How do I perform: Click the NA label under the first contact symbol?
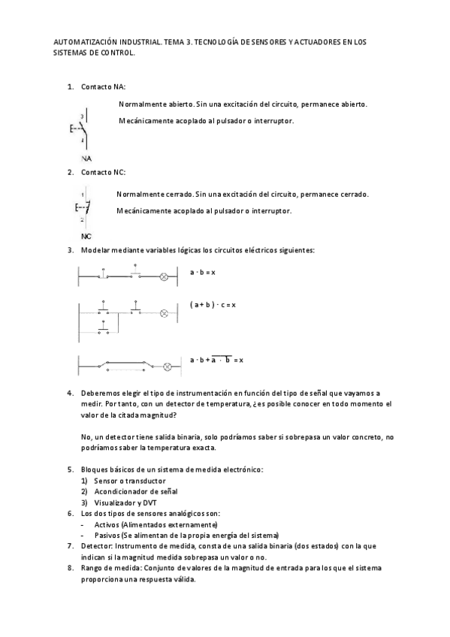click(87, 158)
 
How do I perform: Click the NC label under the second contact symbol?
click(86, 236)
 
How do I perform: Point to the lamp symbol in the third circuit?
click(168, 368)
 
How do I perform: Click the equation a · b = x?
click(203, 271)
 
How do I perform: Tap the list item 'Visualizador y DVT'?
click(126, 502)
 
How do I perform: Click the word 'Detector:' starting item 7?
click(95, 546)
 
